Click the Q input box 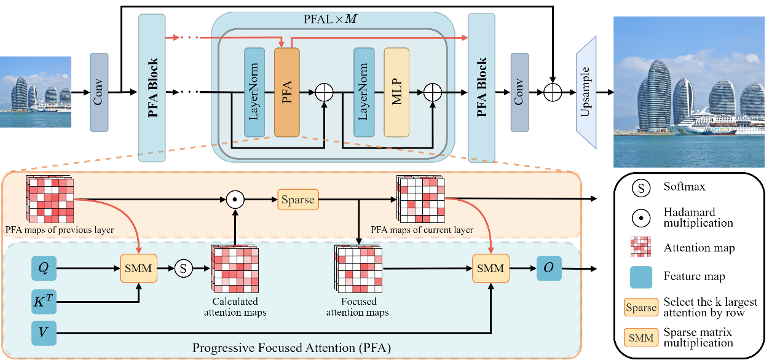coord(44,268)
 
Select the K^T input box coord(44,302)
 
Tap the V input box coord(44,334)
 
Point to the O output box coord(549,268)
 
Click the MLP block coord(396,92)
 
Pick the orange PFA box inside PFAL coord(286,92)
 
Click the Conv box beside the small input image coord(98,92)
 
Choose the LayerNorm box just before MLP coord(364,92)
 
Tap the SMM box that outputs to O coord(490,268)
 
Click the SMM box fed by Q coord(138,268)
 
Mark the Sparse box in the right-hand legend coord(641,308)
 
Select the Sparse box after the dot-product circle coord(298,200)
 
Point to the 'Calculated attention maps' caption coord(235,307)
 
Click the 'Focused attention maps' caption coord(358,307)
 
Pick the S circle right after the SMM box coord(183,268)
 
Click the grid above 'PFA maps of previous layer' coord(50,199)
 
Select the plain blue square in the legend coord(641,277)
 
